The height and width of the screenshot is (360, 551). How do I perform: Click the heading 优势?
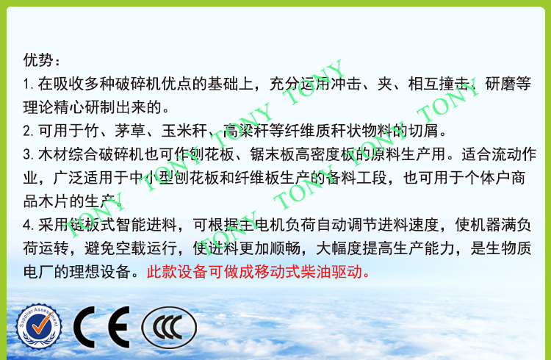(38, 60)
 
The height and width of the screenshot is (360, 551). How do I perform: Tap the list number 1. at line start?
(29, 84)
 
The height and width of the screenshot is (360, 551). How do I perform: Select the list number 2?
(29, 131)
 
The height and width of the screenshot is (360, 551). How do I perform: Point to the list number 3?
(29, 155)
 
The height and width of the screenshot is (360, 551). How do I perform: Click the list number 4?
(29, 226)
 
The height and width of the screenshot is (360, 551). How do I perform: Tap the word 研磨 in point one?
(500, 84)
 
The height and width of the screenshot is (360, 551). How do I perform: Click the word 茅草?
(129, 131)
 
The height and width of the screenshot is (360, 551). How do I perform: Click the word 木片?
(54, 201)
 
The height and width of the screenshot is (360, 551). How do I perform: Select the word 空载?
(130, 248)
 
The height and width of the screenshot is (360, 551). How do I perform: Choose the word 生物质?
(508, 248)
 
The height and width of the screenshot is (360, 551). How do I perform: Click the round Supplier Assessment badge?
(39, 327)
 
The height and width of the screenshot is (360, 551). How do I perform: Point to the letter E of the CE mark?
(118, 327)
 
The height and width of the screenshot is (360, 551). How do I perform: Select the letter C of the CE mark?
(84, 327)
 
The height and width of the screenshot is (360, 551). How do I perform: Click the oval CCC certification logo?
(169, 327)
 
